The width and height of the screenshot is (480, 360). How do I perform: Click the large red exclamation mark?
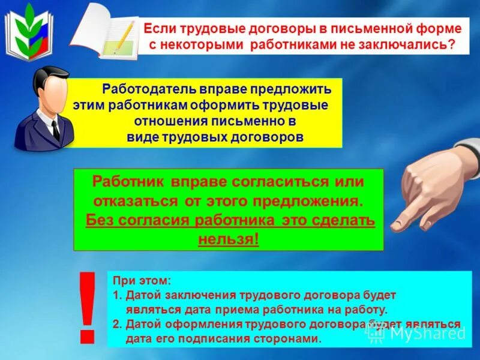(88, 306)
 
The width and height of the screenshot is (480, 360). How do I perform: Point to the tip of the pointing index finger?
(397, 226)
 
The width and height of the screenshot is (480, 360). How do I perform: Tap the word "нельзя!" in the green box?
(229, 239)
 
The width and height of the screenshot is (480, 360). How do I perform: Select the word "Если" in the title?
(159, 28)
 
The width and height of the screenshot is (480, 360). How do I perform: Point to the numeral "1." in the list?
(118, 295)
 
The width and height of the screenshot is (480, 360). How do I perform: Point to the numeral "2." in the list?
(118, 324)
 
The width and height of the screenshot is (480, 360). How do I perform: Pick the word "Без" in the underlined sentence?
(99, 220)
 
